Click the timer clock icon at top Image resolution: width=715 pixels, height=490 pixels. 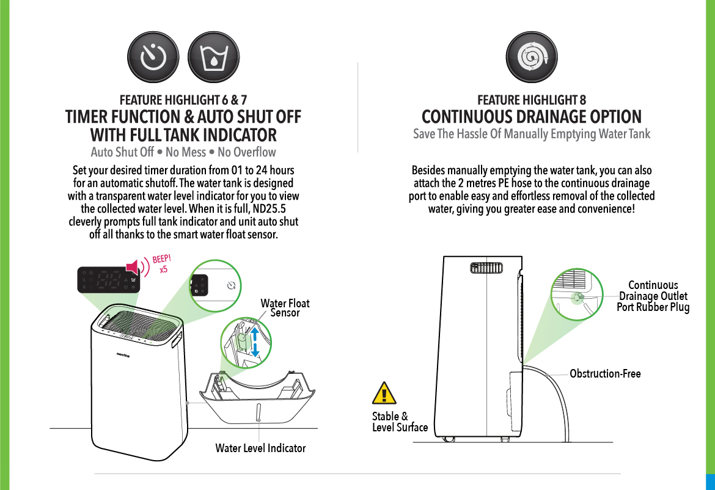pos(153,58)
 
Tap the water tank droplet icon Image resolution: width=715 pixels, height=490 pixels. pos(213,58)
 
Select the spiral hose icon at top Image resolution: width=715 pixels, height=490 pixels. pos(531,58)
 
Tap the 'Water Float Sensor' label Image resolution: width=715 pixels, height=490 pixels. pos(285,308)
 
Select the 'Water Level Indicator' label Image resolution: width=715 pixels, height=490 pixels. pos(260,448)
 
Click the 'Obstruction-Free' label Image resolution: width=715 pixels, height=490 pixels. pos(605,373)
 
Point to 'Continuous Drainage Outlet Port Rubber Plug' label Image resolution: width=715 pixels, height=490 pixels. pos(653,296)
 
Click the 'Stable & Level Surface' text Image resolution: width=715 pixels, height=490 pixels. pos(400,422)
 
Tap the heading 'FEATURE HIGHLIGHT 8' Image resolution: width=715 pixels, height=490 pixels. pos(531,100)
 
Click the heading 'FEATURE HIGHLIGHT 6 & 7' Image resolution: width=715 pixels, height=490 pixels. pos(183,100)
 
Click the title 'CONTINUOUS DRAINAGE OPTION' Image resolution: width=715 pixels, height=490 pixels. pos(532,117)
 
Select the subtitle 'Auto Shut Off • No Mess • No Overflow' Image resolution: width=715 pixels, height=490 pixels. pos(183,152)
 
